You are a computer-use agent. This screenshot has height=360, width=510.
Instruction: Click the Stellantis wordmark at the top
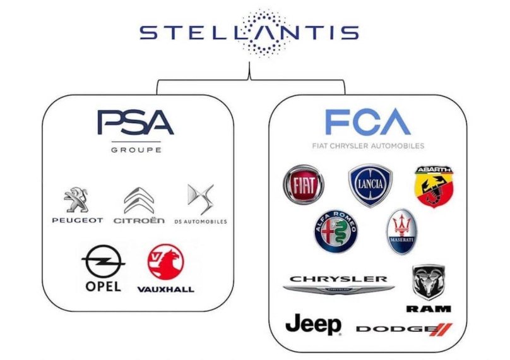click(x=249, y=32)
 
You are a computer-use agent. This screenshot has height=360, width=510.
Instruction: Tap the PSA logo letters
click(x=135, y=123)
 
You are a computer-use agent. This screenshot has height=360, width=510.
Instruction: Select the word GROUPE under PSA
click(x=136, y=150)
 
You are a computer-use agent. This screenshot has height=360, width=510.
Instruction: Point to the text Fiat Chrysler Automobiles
click(x=368, y=146)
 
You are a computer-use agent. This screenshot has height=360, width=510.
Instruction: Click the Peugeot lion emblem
click(x=76, y=200)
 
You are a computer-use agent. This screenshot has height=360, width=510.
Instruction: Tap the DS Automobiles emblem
click(x=200, y=200)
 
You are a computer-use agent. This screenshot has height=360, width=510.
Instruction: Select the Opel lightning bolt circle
click(x=103, y=261)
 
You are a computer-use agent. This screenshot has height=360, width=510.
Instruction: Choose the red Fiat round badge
click(x=303, y=184)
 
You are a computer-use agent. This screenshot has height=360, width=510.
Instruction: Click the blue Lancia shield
click(x=370, y=185)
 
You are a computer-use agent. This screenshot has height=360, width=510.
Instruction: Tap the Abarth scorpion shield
click(x=432, y=186)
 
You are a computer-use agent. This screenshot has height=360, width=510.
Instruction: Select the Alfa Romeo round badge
click(x=336, y=231)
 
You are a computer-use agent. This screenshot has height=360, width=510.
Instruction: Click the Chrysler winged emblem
click(x=338, y=289)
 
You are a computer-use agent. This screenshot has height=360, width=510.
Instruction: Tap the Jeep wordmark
click(x=314, y=325)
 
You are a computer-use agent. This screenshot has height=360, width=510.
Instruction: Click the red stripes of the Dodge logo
click(x=444, y=329)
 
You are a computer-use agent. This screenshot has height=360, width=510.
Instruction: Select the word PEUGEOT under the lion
click(x=77, y=221)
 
